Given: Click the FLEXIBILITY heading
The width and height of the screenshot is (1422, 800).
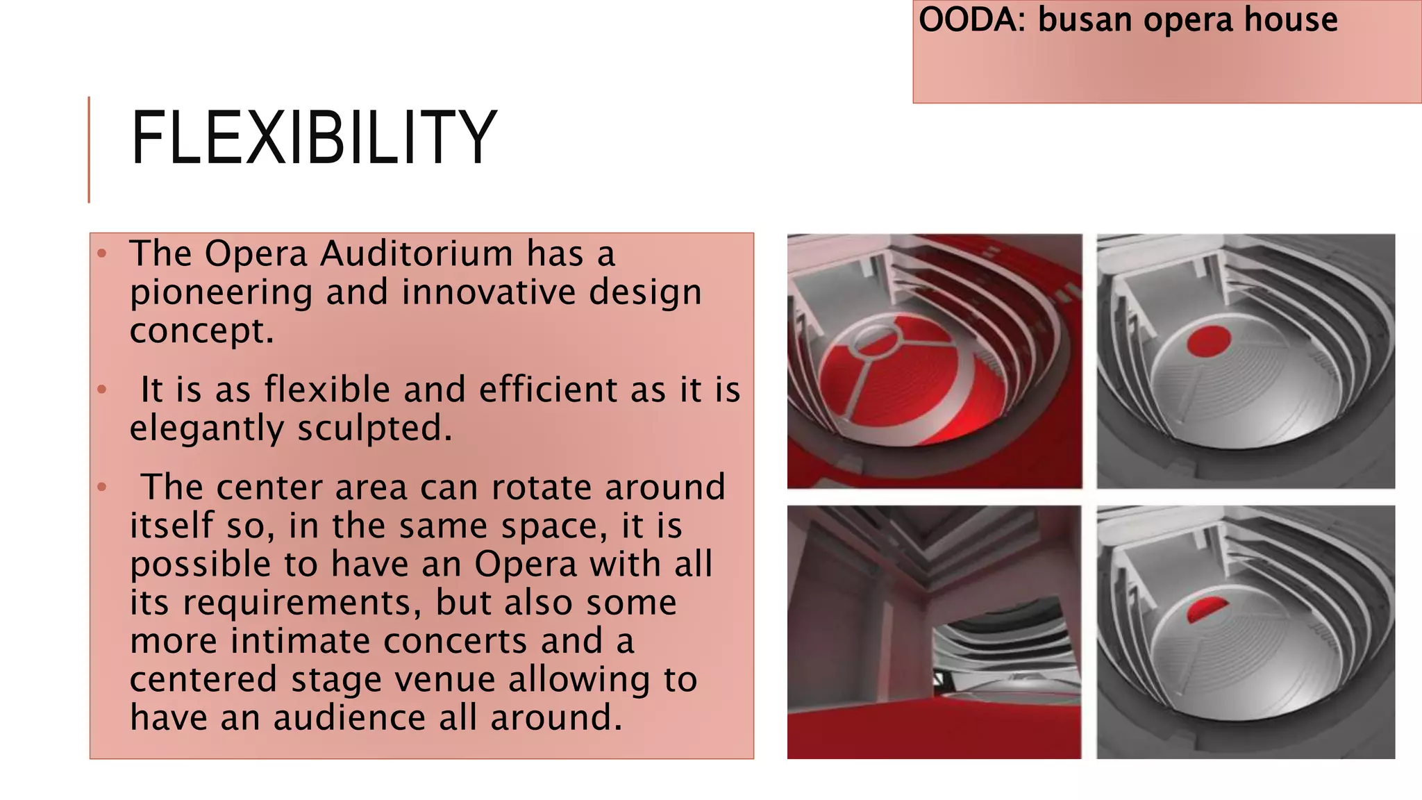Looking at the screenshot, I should coord(314,139).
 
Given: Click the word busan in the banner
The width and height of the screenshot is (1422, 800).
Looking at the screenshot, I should coord(1085,19).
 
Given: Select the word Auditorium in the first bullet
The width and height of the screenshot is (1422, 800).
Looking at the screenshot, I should coord(416,253).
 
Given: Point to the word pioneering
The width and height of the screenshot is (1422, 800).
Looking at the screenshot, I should coord(221,293).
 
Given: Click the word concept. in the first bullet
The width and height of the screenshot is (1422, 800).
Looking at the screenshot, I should coord(201,331).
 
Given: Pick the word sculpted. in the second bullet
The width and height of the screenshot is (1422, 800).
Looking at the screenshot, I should coord(374,428).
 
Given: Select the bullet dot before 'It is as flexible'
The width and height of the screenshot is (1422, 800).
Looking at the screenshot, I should coord(102,390).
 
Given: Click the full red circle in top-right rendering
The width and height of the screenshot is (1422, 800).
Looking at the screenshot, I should coord(1208,341).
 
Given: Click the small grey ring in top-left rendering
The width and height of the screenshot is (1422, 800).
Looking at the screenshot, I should coord(876,340).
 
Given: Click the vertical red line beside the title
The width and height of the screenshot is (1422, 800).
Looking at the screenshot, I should coord(89,149).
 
